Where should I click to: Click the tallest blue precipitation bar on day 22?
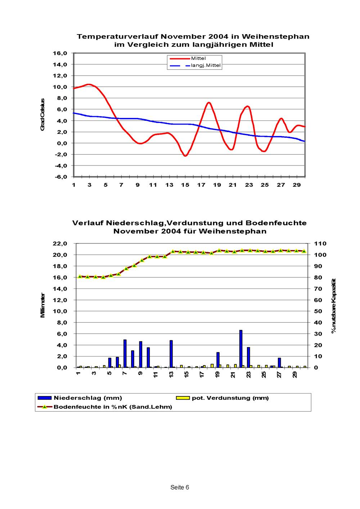(241, 349)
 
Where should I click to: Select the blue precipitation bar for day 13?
(171, 354)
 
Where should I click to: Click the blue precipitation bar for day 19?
(218, 360)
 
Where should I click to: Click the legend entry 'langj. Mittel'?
(206, 65)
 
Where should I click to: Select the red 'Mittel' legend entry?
(198, 58)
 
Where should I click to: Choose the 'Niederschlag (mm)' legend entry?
(88, 398)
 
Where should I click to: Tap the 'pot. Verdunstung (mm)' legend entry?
(230, 398)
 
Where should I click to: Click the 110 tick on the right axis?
(320, 244)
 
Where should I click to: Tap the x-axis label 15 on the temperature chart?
(185, 185)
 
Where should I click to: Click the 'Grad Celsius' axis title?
(42, 114)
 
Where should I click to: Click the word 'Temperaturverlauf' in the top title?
(117, 37)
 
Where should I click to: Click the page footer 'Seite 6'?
(180, 487)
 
